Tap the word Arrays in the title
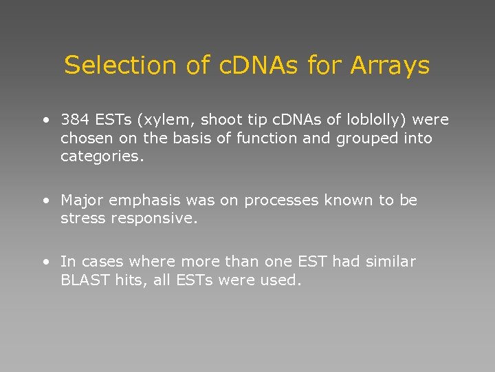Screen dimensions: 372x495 389,66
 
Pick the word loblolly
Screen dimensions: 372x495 373,120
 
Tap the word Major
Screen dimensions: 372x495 80,200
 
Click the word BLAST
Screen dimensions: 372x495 85,280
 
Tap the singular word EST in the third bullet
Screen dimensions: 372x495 313,262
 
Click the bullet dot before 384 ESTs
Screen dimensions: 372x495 45,121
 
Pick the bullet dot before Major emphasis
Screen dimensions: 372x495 45,201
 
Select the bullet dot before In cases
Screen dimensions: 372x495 45,262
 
